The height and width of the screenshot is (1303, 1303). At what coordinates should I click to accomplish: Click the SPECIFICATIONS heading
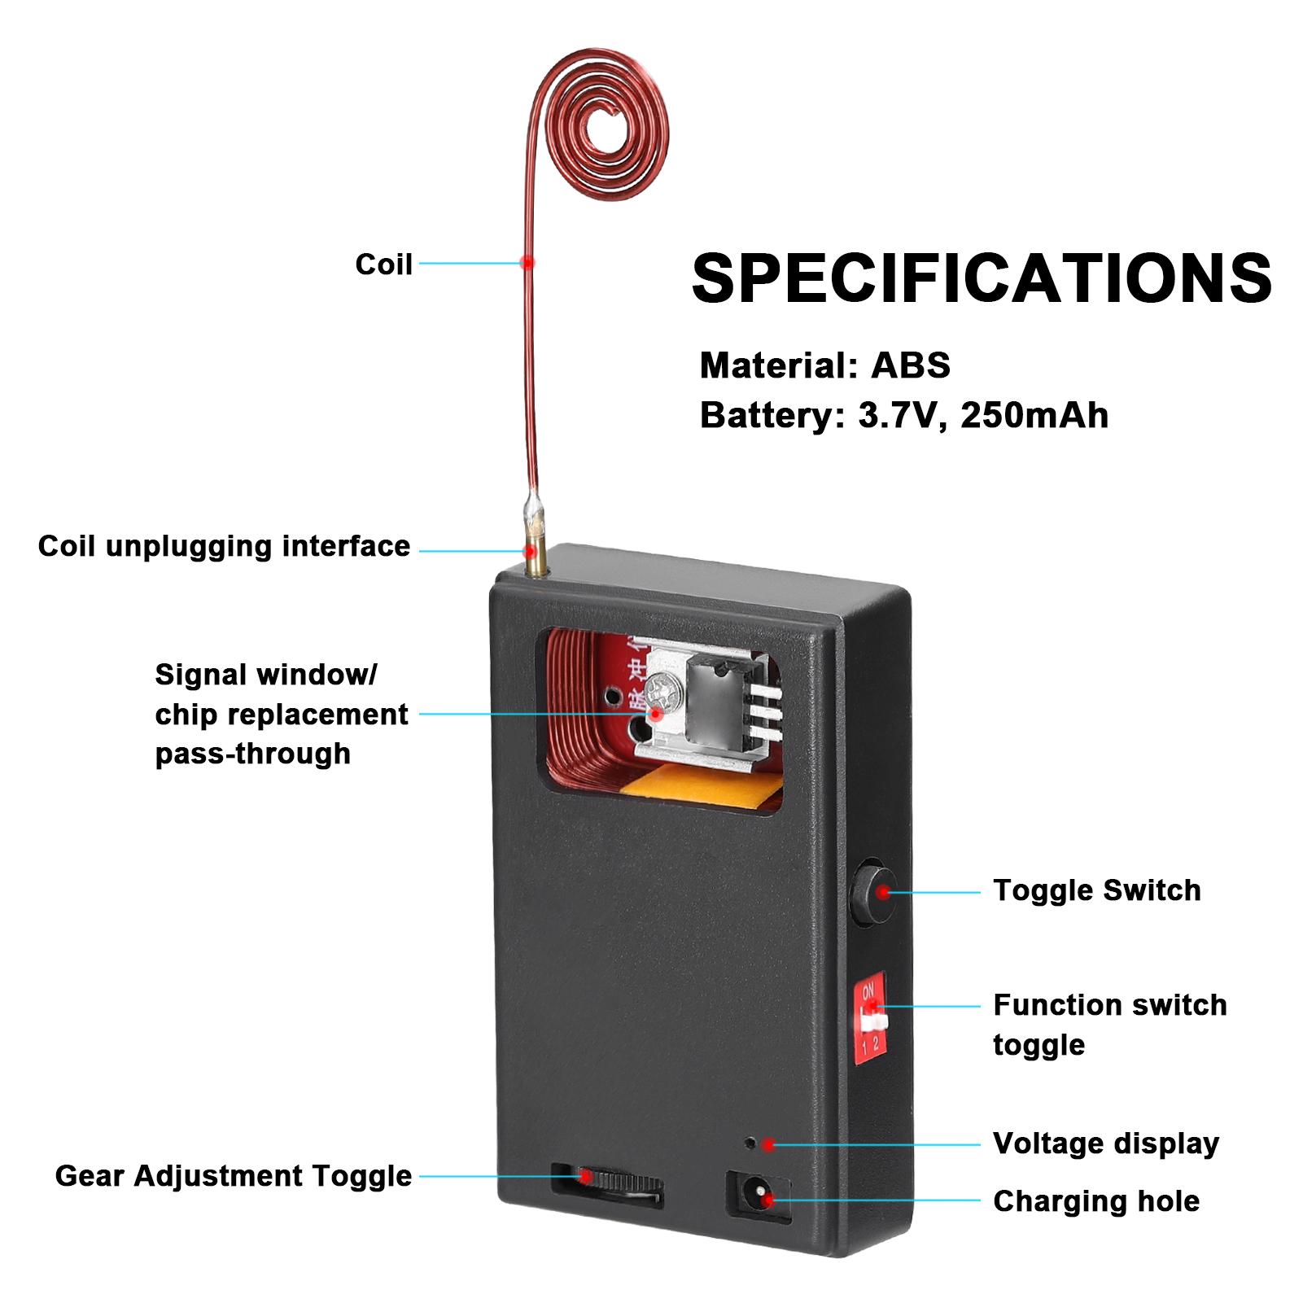coord(981,278)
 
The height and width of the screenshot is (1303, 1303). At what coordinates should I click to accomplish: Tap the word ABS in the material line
coord(910,365)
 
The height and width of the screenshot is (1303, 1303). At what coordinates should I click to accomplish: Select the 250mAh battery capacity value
coord(1034,415)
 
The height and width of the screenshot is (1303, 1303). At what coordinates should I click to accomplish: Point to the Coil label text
coord(383,264)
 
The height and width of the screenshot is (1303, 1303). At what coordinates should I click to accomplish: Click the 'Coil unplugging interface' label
coord(224,545)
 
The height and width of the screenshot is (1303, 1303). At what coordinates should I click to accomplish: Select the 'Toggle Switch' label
coord(1096,890)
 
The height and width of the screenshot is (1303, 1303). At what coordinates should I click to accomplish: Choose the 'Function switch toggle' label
coord(1108,1024)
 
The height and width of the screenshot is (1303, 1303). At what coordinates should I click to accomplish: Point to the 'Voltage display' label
coord(1105,1143)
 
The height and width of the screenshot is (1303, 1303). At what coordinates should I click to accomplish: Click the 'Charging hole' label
coord(1095,1200)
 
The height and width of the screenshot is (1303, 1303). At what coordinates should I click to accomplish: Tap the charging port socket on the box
coord(759,1197)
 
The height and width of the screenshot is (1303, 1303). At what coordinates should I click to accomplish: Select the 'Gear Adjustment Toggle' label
coord(233,1175)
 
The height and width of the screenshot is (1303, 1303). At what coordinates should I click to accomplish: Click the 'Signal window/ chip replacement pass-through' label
coord(281,714)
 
